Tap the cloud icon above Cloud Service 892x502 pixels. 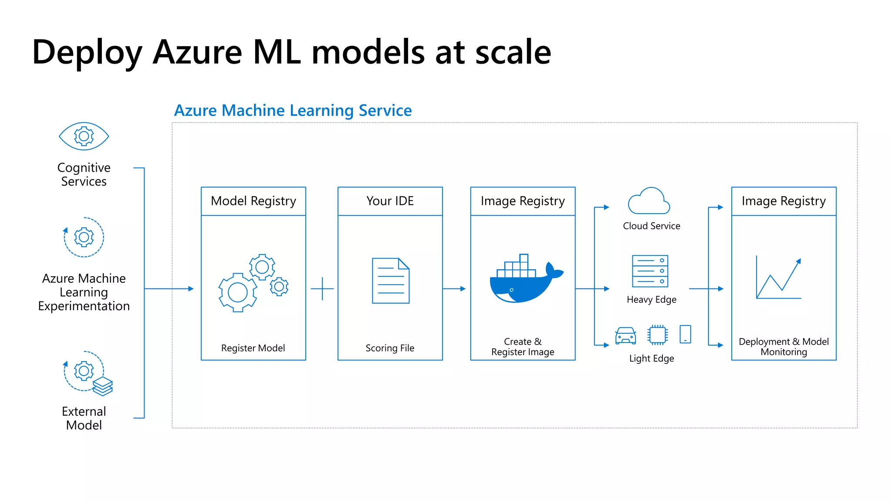pyautogui.click(x=649, y=201)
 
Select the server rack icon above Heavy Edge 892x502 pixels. pyautogui.click(x=650, y=271)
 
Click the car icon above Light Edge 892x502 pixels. pyautogui.click(x=625, y=336)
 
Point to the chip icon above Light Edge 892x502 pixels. pyautogui.click(x=657, y=335)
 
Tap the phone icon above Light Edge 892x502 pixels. pyautogui.click(x=686, y=334)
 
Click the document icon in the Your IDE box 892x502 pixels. pyautogui.click(x=391, y=281)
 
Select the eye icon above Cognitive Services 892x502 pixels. pyautogui.click(x=84, y=136)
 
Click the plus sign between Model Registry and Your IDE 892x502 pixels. pyautogui.click(x=322, y=288)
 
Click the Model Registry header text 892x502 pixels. pyautogui.click(x=253, y=201)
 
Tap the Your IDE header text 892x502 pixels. pyautogui.click(x=390, y=201)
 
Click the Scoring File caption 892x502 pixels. pyautogui.click(x=390, y=348)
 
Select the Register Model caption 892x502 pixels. pyautogui.click(x=253, y=348)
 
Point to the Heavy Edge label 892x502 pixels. pyautogui.click(x=652, y=299)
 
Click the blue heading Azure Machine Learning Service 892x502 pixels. pyautogui.click(x=293, y=111)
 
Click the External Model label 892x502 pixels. pyautogui.click(x=84, y=418)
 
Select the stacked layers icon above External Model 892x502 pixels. pyautogui.click(x=103, y=386)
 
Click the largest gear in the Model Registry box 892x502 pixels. pyautogui.click(x=238, y=292)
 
